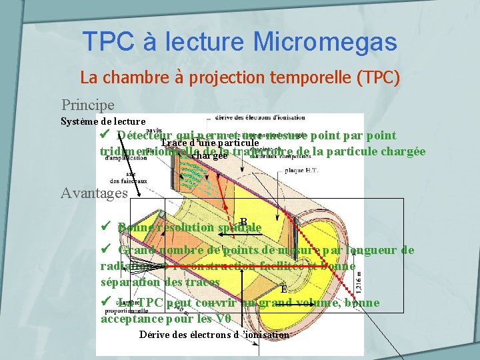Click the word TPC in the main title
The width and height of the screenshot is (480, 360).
pyautogui.click(x=107, y=43)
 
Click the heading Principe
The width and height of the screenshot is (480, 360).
pyautogui.click(x=88, y=105)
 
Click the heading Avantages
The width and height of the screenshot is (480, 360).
pyautogui.click(x=93, y=193)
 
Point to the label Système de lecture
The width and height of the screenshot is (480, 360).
pyautogui.click(x=103, y=121)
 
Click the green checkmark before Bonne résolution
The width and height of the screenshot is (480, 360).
pyautogui.click(x=106, y=227)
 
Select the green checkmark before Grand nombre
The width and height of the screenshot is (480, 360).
pyautogui.click(x=106, y=250)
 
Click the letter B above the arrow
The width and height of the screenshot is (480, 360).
pyautogui.click(x=243, y=221)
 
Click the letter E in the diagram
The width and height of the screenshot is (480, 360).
pyautogui.click(x=283, y=289)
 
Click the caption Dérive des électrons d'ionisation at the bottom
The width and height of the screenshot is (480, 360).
pyautogui.click(x=214, y=335)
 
